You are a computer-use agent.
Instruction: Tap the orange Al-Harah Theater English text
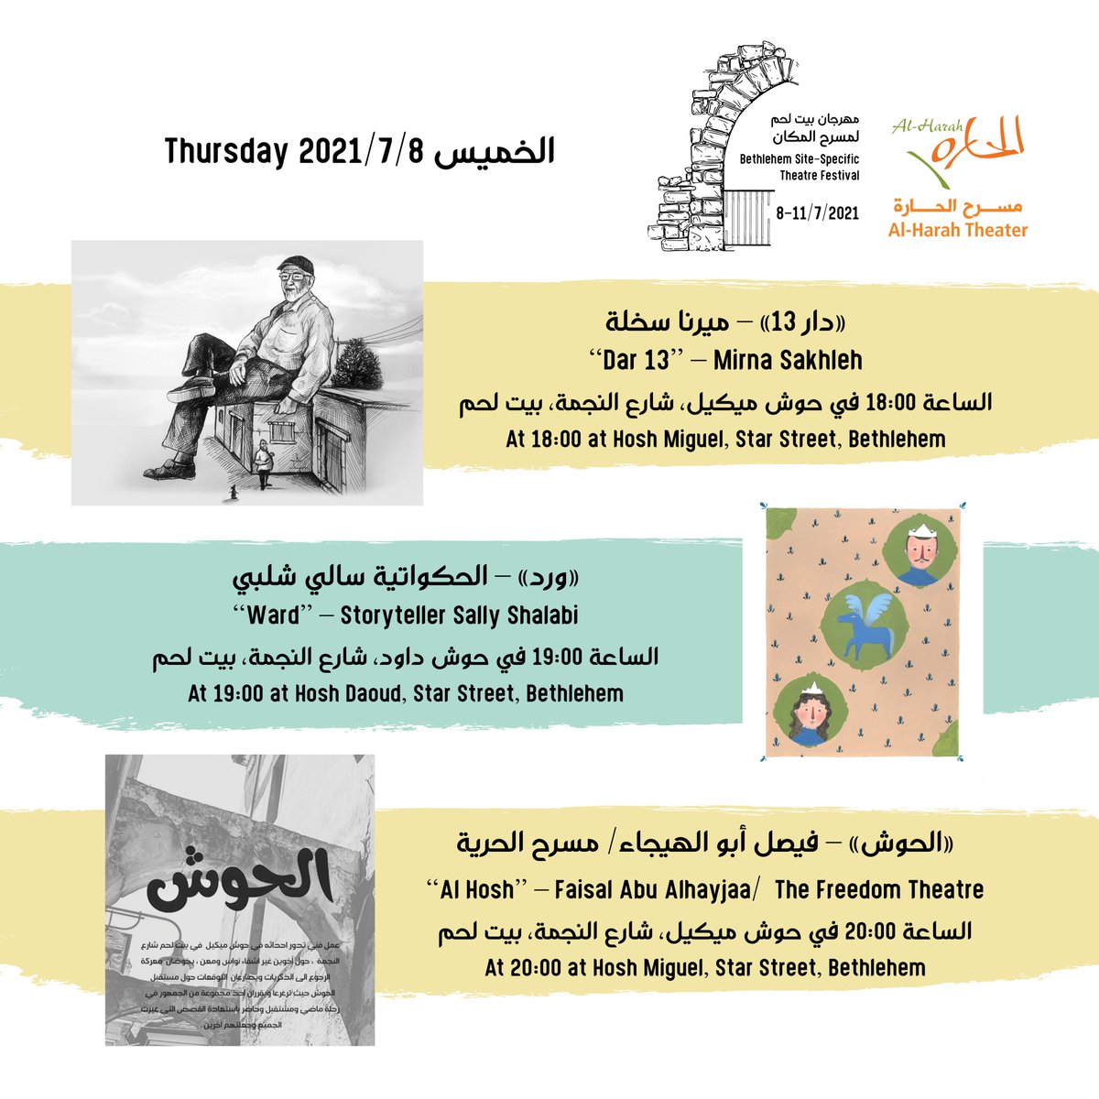coord(958,231)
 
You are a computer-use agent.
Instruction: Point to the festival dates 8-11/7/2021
coord(817,212)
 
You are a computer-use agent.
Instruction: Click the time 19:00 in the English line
coord(238,693)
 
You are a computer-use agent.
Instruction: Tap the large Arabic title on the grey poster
coord(240,876)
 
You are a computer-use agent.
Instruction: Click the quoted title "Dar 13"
coord(636,360)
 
